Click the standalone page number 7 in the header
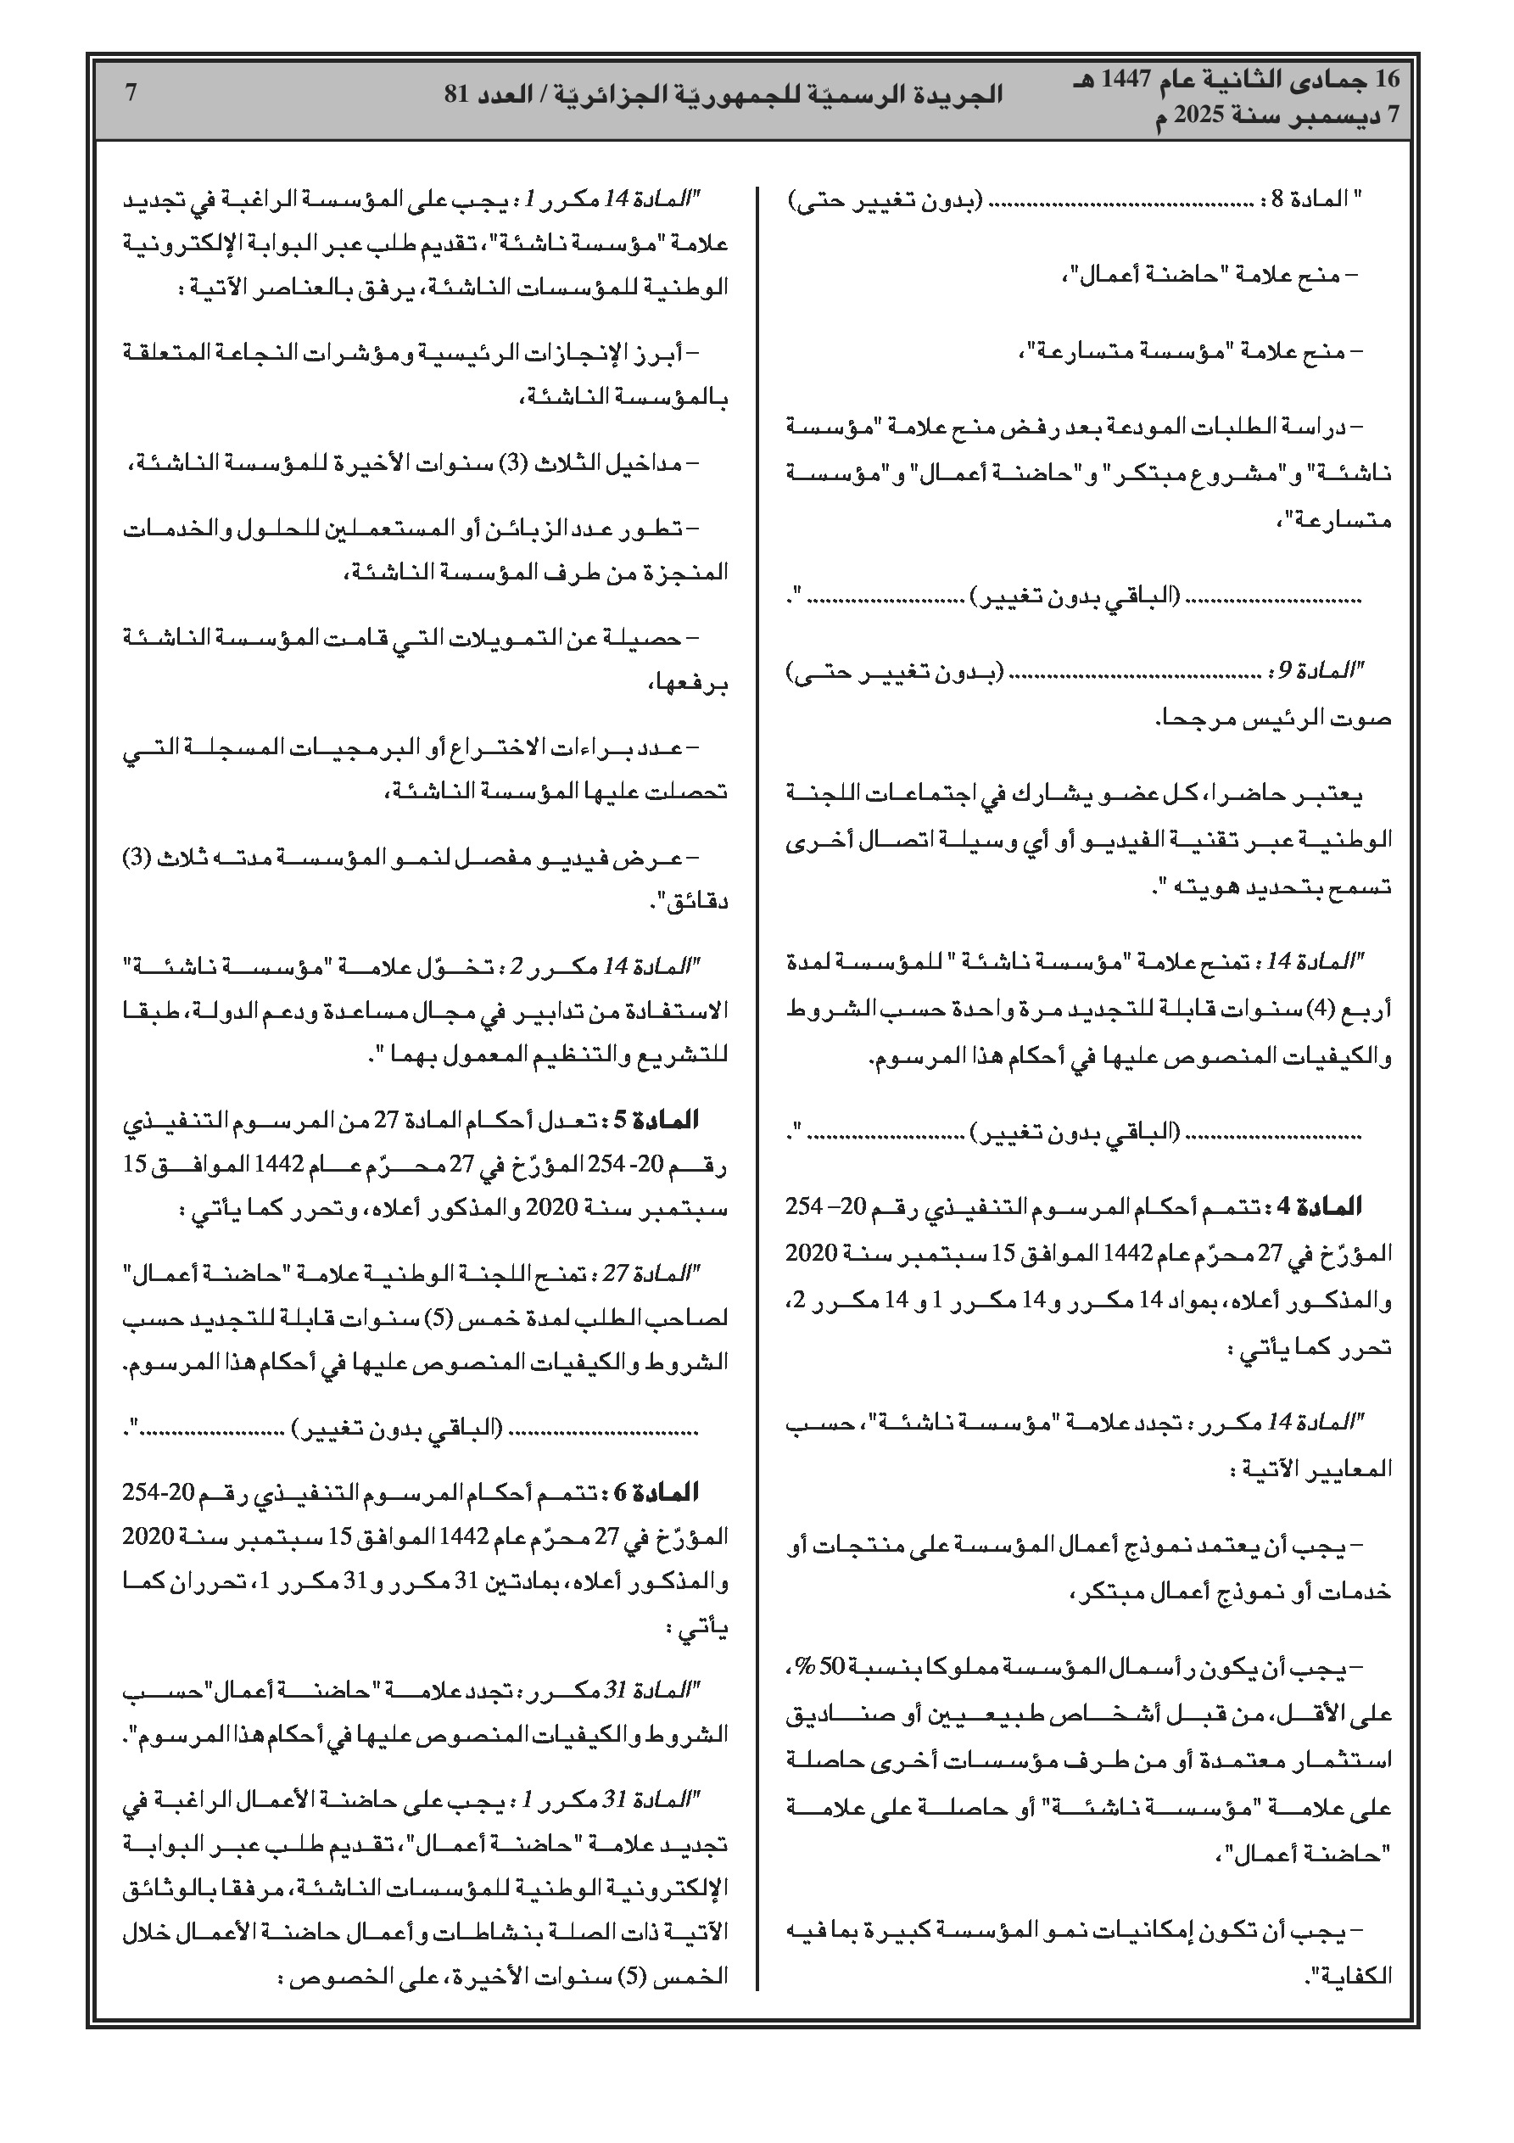(131, 93)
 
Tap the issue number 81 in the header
(457, 94)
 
